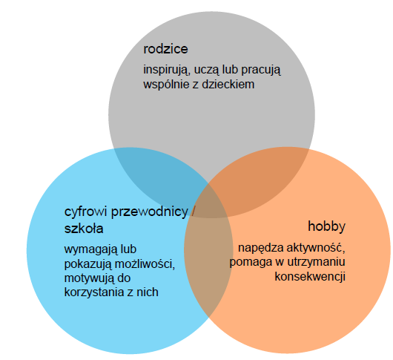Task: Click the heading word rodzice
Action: coord(165,49)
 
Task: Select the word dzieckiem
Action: coord(228,84)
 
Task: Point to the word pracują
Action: coord(261,71)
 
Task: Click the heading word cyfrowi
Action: coord(86,212)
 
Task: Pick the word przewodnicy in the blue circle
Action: coord(149,212)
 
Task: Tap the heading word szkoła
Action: coord(84,229)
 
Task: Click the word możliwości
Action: coord(145,264)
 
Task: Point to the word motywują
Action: coord(89,278)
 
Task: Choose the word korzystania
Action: coord(94,292)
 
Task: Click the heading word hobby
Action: coord(326,226)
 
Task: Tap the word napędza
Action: coord(261,248)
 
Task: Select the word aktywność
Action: coord(316,248)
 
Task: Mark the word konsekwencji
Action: coord(310,276)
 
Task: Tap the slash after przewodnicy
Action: coord(193,212)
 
